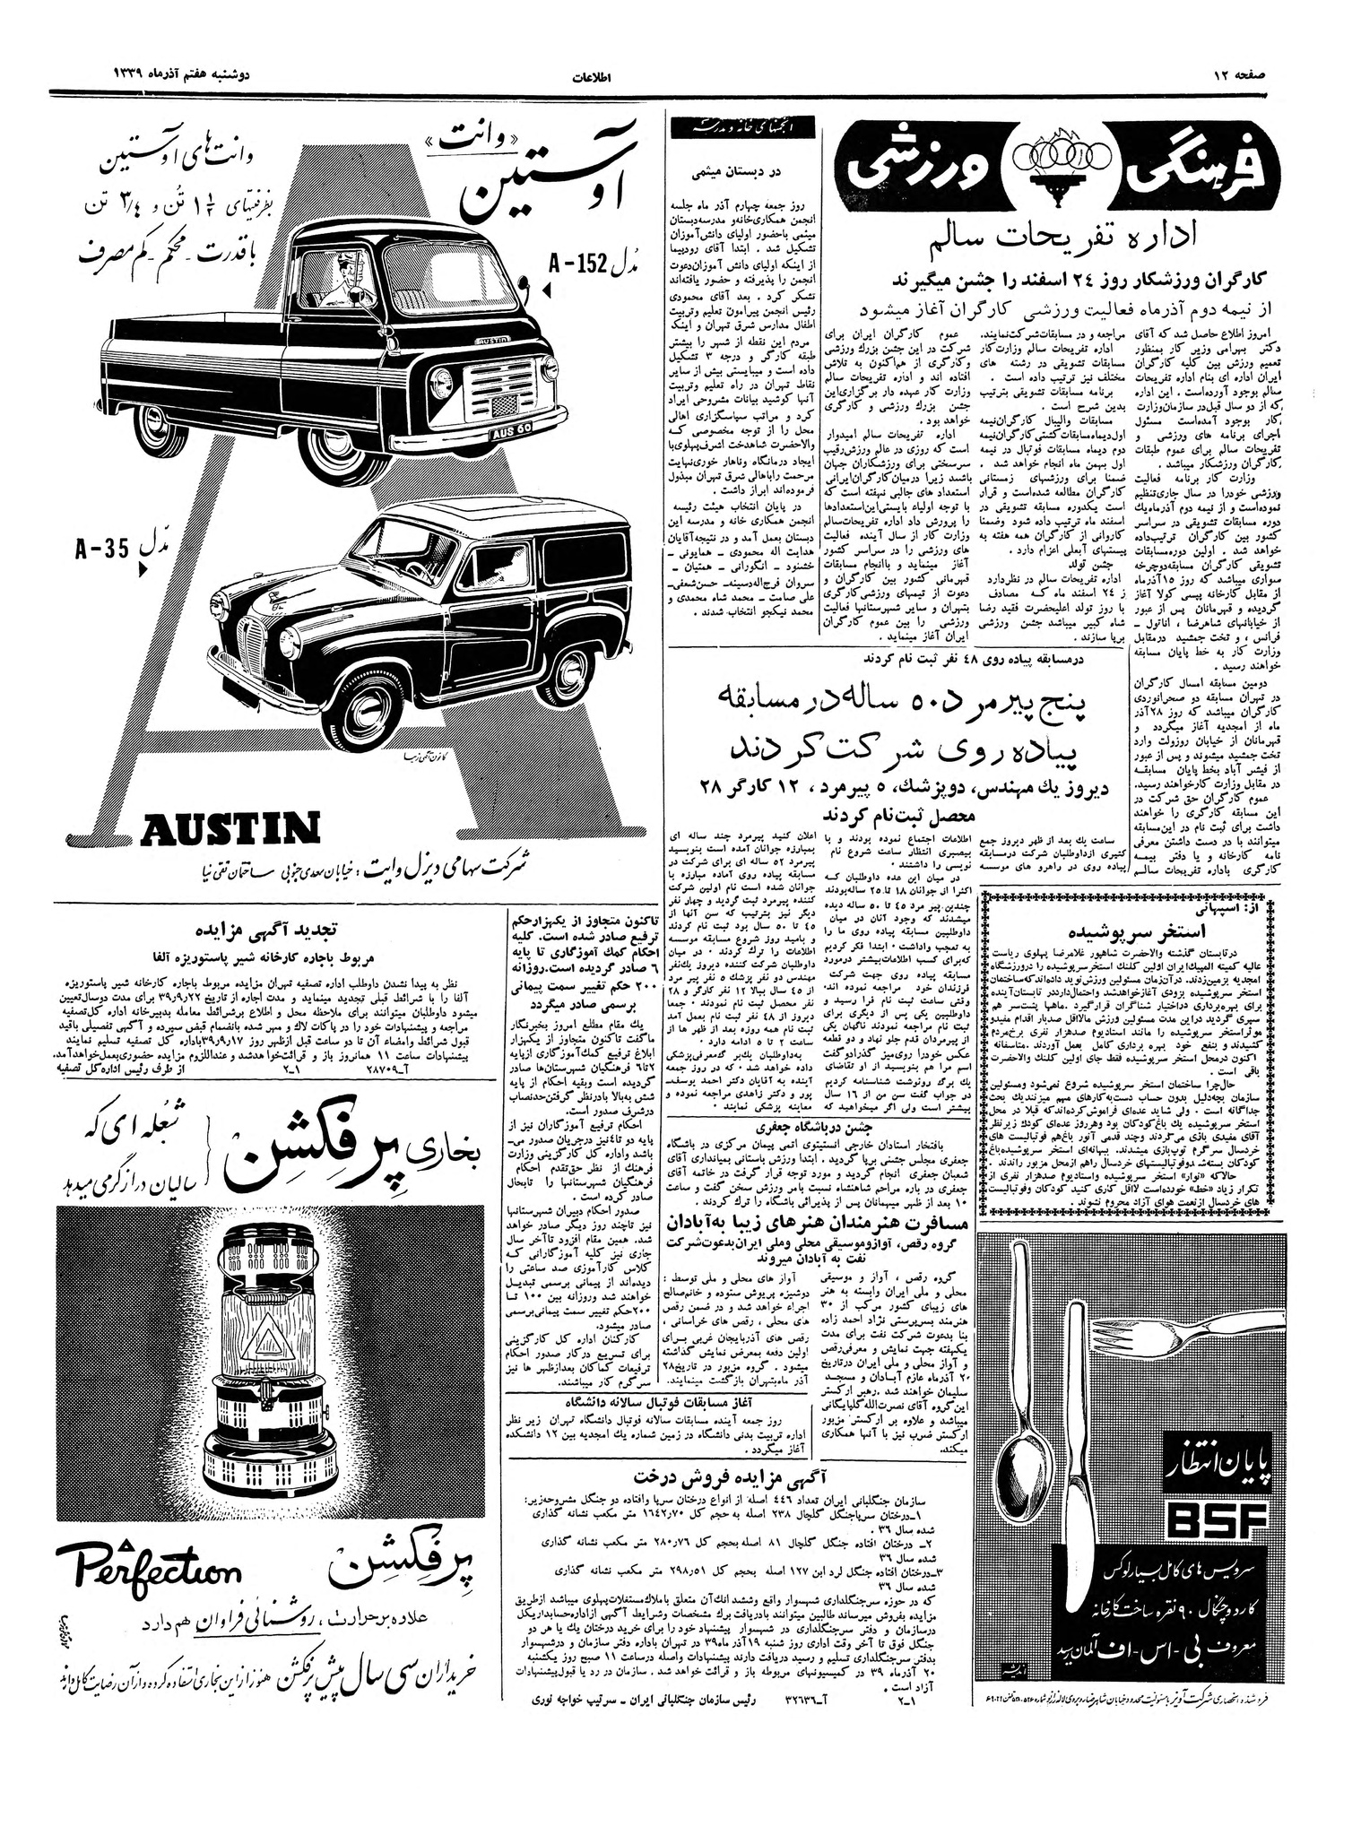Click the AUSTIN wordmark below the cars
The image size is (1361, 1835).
click(230, 828)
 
